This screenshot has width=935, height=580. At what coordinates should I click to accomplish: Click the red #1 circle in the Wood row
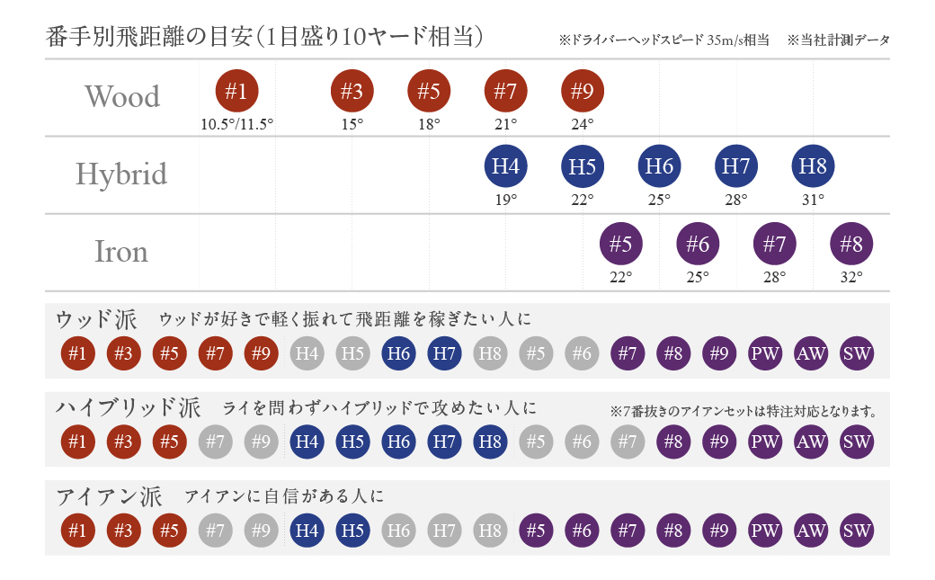(237, 91)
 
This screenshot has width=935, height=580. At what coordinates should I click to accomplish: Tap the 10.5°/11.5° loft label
(237, 124)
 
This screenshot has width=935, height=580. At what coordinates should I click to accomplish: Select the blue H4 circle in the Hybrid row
(506, 166)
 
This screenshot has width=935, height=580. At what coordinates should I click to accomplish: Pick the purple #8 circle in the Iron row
(851, 244)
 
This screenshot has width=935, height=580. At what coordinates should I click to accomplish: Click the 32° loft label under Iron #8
(851, 277)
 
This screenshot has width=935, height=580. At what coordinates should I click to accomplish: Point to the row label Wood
(122, 96)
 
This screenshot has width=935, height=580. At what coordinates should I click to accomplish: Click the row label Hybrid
(122, 174)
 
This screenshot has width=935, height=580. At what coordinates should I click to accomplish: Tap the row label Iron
(121, 252)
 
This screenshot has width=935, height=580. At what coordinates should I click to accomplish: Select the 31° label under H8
(814, 200)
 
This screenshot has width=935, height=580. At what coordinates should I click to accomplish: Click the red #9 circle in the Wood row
(583, 91)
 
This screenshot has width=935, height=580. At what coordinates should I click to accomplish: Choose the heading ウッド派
(96, 319)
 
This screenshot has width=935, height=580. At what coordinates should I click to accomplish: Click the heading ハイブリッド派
(129, 407)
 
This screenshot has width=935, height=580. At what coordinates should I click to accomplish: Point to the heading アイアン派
(109, 495)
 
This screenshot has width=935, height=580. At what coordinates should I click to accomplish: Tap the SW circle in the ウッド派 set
(857, 353)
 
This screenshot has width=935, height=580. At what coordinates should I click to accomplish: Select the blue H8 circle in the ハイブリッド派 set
(490, 442)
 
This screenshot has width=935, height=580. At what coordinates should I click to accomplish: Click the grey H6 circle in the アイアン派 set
(398, 531)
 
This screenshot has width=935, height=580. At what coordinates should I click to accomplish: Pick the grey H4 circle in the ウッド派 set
(307, 353)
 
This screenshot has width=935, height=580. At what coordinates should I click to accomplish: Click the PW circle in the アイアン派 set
(765, 531)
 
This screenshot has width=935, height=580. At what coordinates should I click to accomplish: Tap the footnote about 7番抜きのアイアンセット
(743, 412)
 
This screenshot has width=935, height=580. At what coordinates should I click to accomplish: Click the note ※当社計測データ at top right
(838, 40)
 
